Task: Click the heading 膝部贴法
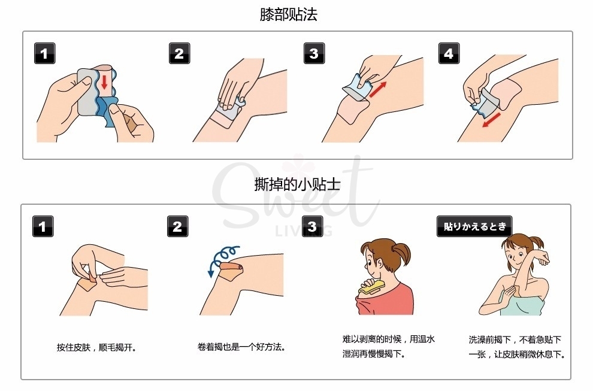coord(288,15)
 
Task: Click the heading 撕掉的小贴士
coord(297,184)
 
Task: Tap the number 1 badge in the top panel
coord(43,54)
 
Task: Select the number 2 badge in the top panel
coord(179,54)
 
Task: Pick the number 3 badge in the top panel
coord(313,54)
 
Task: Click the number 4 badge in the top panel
coord(448,54)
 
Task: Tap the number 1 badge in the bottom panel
coord(43,227)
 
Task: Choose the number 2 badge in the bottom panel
coord(177,227)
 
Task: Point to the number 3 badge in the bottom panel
coord(312,227)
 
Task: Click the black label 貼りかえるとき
coord(474,227)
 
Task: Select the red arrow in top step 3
coord(377,89)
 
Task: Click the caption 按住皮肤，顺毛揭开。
coord(97,347)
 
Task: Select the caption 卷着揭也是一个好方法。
coord(241,347)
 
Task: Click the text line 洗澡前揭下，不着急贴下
coord(516,340)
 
